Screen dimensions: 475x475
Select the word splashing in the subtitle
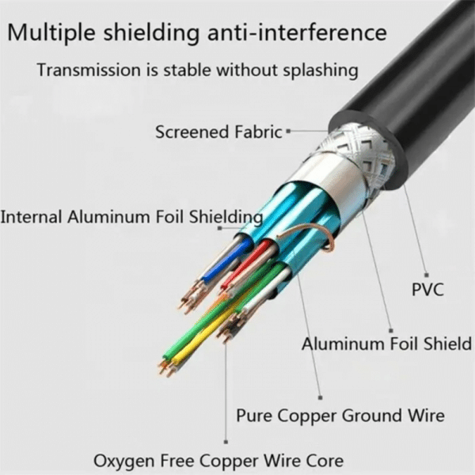314,70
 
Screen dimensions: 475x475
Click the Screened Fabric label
218,132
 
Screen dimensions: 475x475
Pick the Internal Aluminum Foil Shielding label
131,216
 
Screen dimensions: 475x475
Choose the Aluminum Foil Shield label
386,344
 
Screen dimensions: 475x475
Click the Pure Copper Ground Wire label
340,415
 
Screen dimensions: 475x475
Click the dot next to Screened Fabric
288,131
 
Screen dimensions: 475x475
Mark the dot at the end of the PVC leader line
427,273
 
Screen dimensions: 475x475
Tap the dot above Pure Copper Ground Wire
320,397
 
